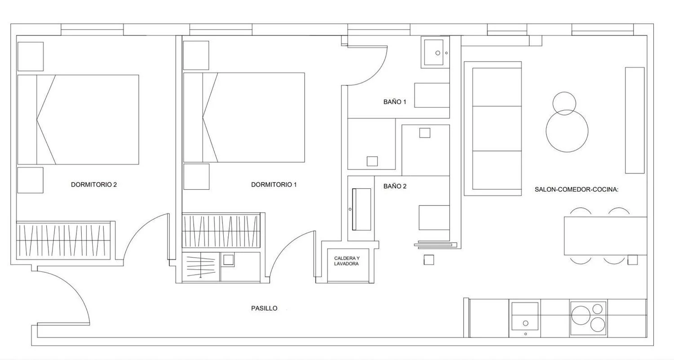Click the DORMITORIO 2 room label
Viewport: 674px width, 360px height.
pos(93,185)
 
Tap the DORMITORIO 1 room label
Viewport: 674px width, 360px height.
pos(274,185)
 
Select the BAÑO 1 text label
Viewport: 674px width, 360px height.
pos(395,102)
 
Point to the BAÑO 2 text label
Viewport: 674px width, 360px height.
pos(395,186)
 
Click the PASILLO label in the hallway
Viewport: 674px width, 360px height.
pos(264,308)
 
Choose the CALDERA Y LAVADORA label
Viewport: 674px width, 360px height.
pos(346,261)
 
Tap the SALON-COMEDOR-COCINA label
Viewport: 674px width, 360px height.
pos(576,190)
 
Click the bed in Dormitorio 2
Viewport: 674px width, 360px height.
pos(78,120)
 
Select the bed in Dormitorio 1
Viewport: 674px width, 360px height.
pos(244,117)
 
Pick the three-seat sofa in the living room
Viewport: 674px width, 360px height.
pos(492,129)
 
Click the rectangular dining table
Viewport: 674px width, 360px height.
pos(605,236)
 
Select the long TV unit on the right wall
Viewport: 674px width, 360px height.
pos(635,120)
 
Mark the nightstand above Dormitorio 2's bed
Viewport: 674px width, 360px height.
pos(31,56)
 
